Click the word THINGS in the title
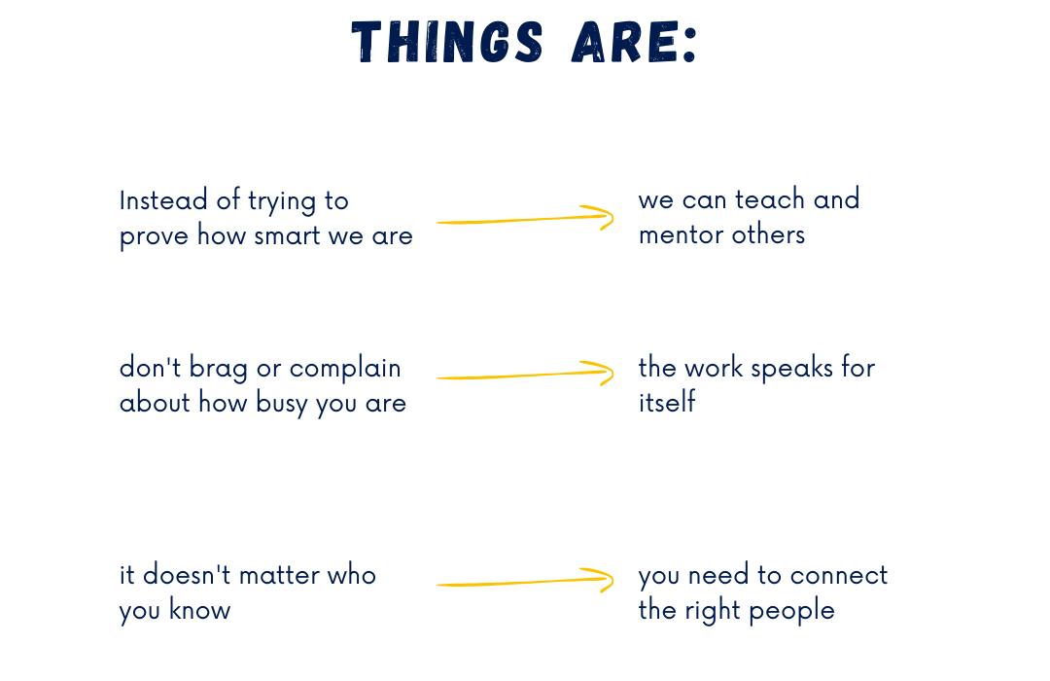coord(447,42)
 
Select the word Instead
coord(163,200)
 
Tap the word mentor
coord(681,235)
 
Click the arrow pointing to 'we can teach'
coord(525,219)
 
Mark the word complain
coord(345,370)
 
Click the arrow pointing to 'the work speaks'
coord(525,374)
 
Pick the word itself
coord(667,402)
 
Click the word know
coord(199,610)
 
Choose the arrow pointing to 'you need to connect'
coord(525,581)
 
